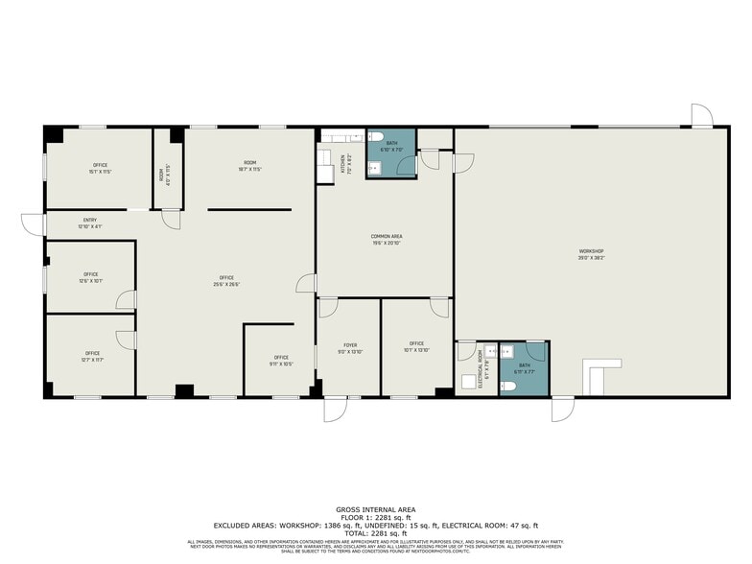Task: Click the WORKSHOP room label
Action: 591,254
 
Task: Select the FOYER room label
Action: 350,347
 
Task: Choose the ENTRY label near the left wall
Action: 90,223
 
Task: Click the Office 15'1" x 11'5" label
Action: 101,168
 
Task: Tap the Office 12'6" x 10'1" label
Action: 91,277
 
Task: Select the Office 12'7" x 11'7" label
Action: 91,356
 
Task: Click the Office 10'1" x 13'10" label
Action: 416,346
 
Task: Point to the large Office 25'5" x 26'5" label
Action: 226,282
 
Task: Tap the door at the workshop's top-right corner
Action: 702,116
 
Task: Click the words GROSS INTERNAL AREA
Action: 375,508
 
